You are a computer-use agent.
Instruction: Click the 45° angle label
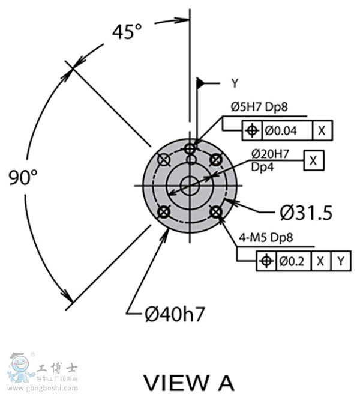(127, 32)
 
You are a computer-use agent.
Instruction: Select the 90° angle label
(23, 177)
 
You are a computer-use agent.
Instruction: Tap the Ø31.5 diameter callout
(306, 213)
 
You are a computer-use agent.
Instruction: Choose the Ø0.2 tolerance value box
(293, 261)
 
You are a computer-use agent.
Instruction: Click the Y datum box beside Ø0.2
(340, 261)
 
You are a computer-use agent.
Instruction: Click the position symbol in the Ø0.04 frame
(253, 130)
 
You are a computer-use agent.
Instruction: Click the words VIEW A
(189, 382)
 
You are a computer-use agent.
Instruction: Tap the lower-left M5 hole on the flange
(162, 212)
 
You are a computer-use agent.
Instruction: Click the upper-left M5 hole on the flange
(163, 159)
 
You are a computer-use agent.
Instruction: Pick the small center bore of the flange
(190, 186)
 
